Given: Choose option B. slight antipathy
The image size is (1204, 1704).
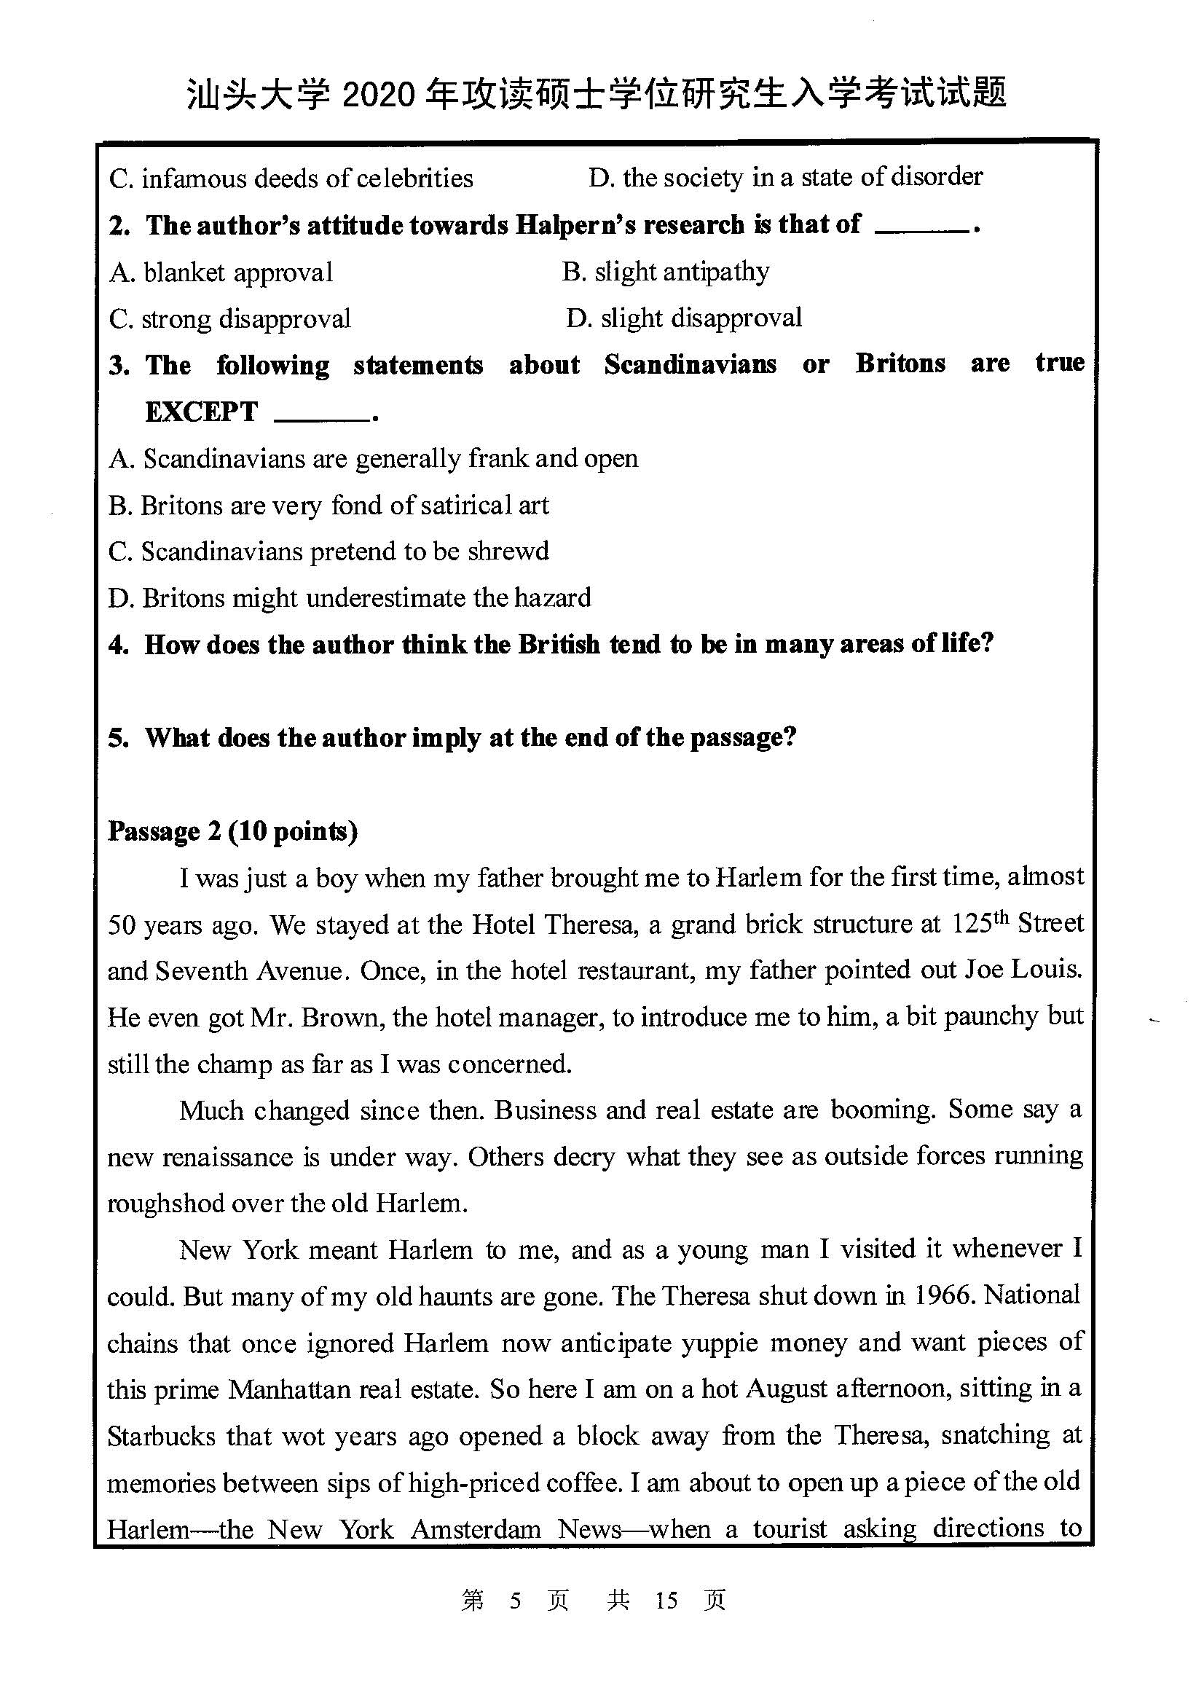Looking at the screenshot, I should [666, 272].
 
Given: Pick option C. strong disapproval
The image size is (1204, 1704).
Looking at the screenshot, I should [229, 319].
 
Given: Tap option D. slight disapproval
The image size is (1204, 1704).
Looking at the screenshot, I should [684, 318].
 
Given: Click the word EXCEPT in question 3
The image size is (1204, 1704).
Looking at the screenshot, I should [201, 412].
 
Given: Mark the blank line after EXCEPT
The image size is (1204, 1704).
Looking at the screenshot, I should [321, 420].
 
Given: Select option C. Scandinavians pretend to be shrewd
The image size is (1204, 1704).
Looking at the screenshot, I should [328, 551].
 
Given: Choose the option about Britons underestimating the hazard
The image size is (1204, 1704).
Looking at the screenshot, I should [350, 598].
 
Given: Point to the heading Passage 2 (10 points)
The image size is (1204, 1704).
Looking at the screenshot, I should [232, 831].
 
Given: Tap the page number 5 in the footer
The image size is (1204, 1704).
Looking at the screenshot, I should [515, 1601].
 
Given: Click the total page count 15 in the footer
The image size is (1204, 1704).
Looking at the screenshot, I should [666, 1601].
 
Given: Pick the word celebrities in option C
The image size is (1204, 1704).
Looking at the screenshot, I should [414, 179].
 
